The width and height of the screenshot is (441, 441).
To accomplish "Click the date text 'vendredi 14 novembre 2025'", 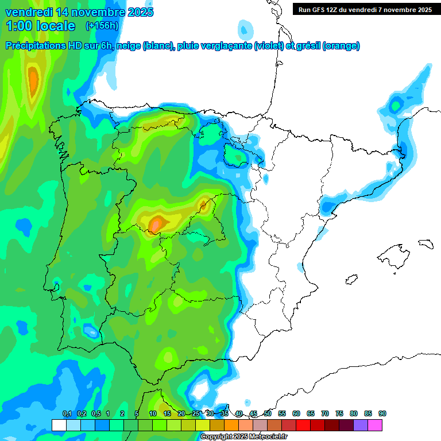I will pyautogui.click(x=79, y=12).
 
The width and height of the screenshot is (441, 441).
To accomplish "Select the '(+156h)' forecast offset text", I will pyautogui.click(x=102, y=26).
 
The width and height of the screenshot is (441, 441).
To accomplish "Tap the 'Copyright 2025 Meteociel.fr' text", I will pyautogui.click(x=244, y=437).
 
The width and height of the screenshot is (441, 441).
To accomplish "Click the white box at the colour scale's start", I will pyautogui.click(x=59, y=425).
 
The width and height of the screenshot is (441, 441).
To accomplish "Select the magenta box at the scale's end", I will pyautogui.click(x=375, y=425).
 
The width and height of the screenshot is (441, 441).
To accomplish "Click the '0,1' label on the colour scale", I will pyautogui.click(x=67, y=414).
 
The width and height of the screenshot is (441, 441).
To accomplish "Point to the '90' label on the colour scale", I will pyautogui.click(x=382, y=414).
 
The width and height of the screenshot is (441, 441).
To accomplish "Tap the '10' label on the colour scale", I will pyautogui.click(x=153, y=414).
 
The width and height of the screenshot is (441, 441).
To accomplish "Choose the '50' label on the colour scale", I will pyautogui.click(x=268, y=414).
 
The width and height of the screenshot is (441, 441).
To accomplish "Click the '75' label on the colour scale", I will pyautogui.click(x=339, y=414).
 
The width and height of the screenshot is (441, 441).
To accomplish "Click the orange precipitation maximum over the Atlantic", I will pyautogui.click(x=33, y=80).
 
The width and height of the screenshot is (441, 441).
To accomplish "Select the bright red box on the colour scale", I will pyautogui.click(x=303, y=425).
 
